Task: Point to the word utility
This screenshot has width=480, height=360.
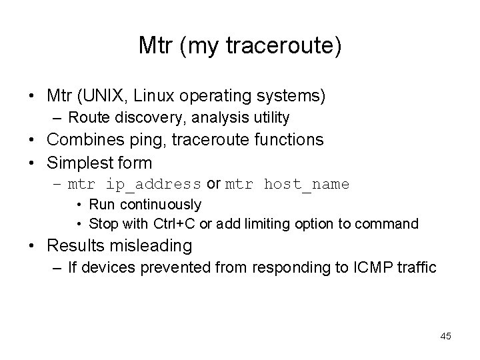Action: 268,118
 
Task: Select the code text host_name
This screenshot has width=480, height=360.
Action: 306,184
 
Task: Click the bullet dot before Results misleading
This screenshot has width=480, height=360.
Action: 33,246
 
